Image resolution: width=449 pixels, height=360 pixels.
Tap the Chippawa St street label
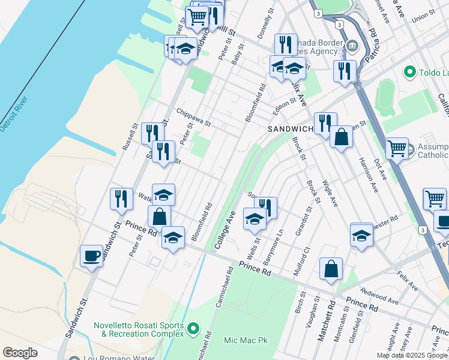pos(194,117)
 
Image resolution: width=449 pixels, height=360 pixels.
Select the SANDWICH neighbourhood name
pos(291,129)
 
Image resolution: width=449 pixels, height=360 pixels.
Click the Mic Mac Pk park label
pos(246,340)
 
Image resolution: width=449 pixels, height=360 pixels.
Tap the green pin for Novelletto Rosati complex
pos(193,328)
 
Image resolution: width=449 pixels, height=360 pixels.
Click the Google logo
pos(20,353)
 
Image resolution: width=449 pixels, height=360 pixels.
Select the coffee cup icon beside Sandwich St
pos(91,256)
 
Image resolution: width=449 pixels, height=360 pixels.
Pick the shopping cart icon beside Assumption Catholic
pos(397,148)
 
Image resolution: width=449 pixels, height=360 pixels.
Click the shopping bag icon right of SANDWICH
pos(341,137)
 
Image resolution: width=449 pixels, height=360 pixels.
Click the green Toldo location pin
pos(411,73)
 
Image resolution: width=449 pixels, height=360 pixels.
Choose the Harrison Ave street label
pos(369,174)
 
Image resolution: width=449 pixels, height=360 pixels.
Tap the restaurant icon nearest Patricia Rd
pos(345,71)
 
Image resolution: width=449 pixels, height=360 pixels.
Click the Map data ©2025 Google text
pos(412,355)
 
